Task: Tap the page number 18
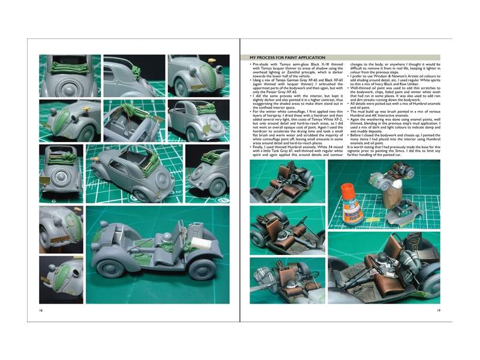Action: pyautogui.click(x=40, y=310)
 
